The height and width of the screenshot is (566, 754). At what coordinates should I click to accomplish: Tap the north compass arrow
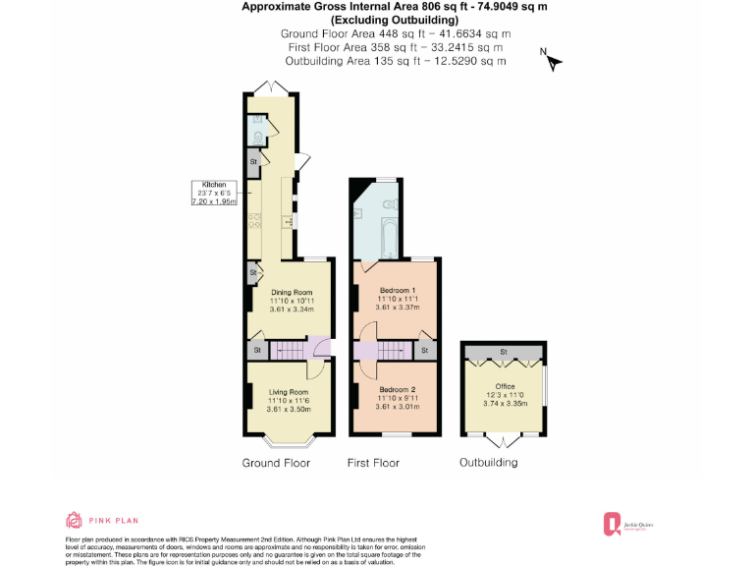tap(553, 62)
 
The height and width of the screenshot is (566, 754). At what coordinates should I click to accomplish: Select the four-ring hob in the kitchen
tap(253, 221)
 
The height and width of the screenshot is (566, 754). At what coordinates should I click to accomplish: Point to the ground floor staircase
tap(289, 350)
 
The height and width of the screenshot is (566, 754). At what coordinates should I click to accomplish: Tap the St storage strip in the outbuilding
tap(503, 351)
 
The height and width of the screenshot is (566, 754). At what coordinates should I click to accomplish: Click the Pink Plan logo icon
tap(74, 520)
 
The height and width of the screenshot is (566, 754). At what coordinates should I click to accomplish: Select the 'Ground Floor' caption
tap(276, 463)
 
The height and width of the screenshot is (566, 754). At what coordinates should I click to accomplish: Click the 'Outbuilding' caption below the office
tap(489, 463)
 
